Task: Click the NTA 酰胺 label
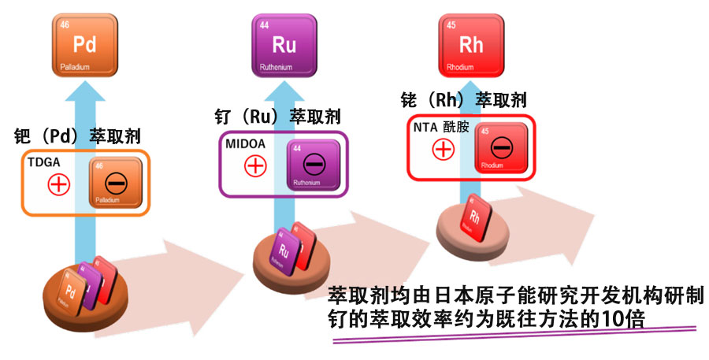(x=441, y=127)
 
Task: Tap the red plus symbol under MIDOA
(x=254, y=165)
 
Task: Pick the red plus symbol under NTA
(x=444, y=147)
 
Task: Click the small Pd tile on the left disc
(x=72, y=290)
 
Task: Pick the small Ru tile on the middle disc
(x=284, y=251)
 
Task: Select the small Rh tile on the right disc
(x=476, y=215)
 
